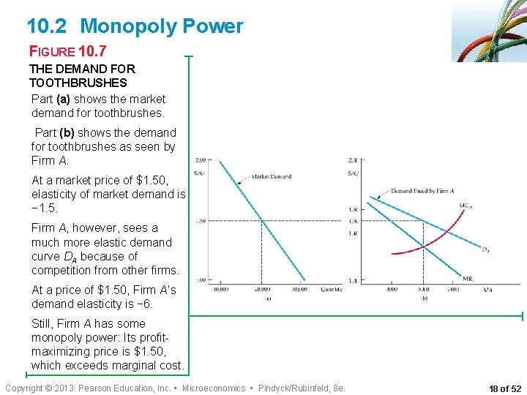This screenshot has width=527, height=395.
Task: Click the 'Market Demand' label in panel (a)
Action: coord(272,176)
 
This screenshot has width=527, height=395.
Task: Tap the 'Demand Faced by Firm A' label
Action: coord(422,191)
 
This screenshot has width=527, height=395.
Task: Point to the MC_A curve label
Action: coord(466,206)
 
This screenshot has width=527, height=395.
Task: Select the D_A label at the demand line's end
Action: coord(485,249)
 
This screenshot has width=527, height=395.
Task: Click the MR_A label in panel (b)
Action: coord(468,278)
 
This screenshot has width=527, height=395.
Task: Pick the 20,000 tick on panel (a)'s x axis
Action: coord(262,290)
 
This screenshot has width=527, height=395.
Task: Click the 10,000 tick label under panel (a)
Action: coord(221,290)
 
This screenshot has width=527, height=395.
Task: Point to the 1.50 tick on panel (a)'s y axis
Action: coord(201,220)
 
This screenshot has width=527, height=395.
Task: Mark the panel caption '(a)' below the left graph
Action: coord(268,298)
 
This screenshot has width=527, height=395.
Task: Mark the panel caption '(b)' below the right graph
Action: coord(423,298)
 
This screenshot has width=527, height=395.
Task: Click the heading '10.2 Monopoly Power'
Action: coord(135,26)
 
